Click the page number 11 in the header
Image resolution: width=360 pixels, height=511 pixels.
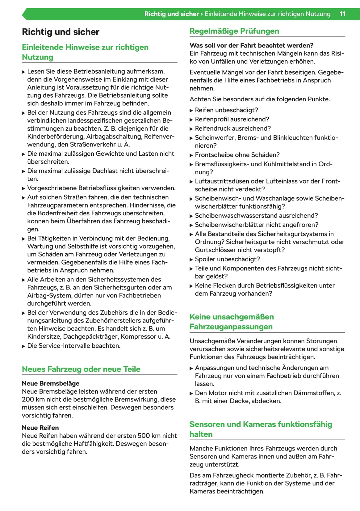click(x=342, y=14)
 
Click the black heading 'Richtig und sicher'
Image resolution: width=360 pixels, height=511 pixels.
click(x=61, y=32)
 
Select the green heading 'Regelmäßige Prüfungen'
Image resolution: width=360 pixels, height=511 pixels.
click(x=234, y=31)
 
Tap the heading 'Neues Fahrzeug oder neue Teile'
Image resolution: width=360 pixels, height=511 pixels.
click(x=81, y=369)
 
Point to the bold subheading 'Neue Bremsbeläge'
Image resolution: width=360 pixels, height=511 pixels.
click(x=51, y=383)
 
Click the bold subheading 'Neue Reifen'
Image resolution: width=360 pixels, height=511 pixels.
click(x=40, y=428)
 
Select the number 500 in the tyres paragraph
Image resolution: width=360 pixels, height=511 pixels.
click(x=144, y=436)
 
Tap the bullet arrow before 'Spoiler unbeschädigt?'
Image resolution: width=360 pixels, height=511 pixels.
click(x=191, y=260)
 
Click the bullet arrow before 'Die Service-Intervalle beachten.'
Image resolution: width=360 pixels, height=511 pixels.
click(x=23, y=346)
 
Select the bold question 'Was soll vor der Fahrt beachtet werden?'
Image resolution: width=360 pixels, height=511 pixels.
click(x=251, y=45)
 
